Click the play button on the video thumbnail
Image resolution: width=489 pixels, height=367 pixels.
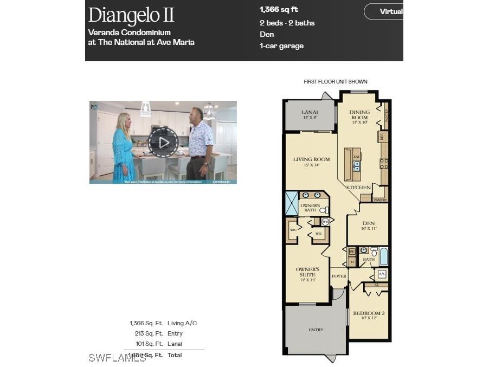(x=163, y=143)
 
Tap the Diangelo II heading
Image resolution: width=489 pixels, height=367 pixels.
(x=131, y=15)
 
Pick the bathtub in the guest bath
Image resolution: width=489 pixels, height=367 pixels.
(x=383, y=256)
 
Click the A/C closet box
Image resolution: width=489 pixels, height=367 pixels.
(x=382, y=274)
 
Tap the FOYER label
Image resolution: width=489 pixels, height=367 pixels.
(x=339, y=276)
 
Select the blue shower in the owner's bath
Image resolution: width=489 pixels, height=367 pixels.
(x=292, y=203)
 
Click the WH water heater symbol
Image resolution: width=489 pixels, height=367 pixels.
(x=325, y=221)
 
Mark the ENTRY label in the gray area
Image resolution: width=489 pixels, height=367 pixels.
(x=316, y=330)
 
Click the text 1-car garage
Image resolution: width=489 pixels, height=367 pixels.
(x=281, y=46)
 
